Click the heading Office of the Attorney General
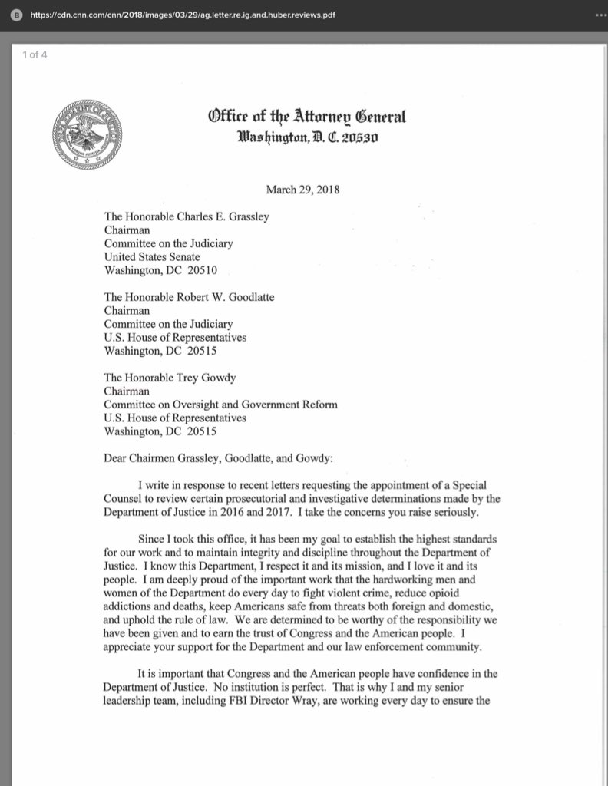pyautogui.click(x=306, y=117)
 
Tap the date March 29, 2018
pyautogui.click(x=303, y=190)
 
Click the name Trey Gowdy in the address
pyautogui.click(x=207, y=377)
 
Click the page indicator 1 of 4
pyautogui.click(x=35, y=53)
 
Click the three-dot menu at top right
pyautogui.click(x=600, y=15)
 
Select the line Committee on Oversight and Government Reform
pyautogui.click(x=220, y=405)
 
